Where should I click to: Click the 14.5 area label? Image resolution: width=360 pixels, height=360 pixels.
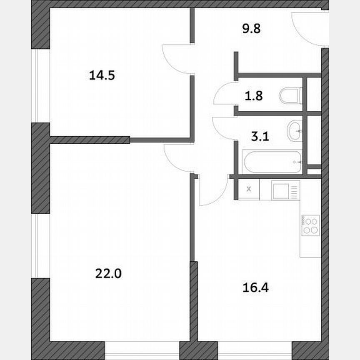tap(102, 75)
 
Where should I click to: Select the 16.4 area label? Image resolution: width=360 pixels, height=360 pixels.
tap(254, 287)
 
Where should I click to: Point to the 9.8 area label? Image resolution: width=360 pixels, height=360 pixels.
tap(251, 30)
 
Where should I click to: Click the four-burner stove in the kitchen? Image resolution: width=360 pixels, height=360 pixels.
tap(311, 225)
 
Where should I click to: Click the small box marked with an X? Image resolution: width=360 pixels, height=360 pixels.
tap(250, 189)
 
